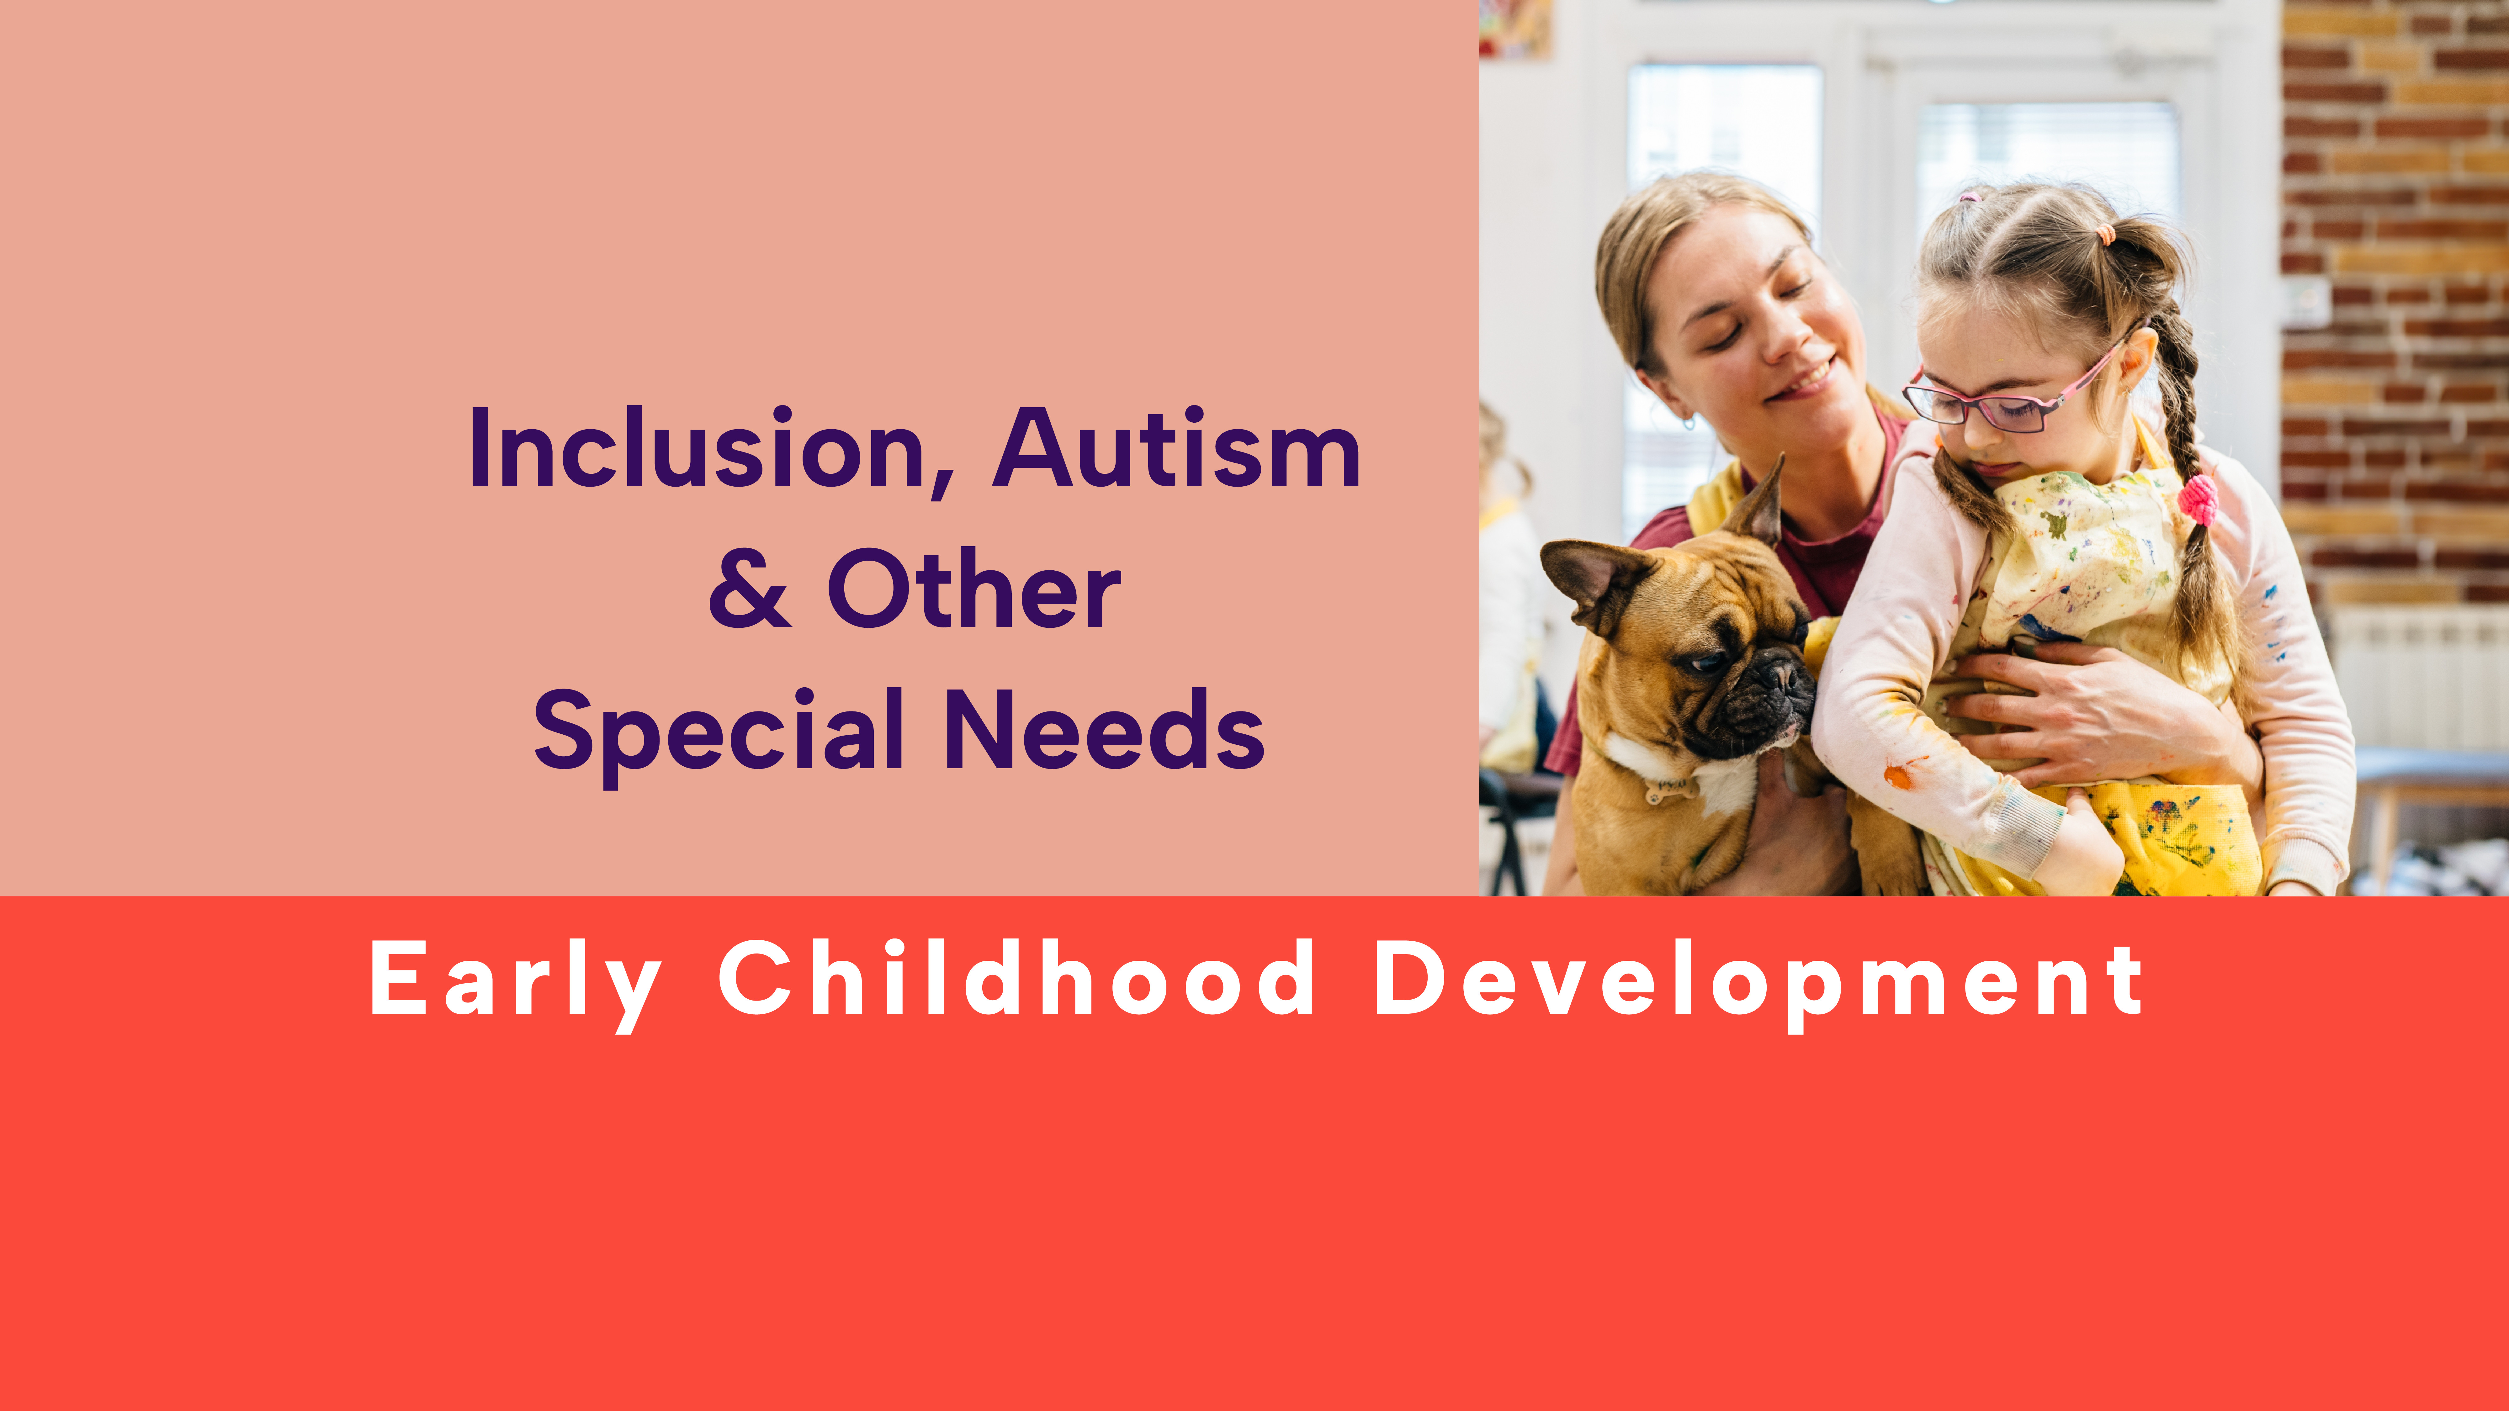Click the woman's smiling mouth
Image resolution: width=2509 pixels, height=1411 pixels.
1804,380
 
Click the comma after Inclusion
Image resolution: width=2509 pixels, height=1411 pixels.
942,484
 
